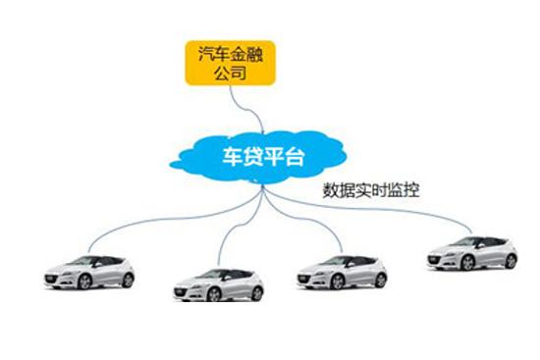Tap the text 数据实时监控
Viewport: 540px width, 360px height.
pos(371,190)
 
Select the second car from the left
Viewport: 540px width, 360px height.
pos(218,283)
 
